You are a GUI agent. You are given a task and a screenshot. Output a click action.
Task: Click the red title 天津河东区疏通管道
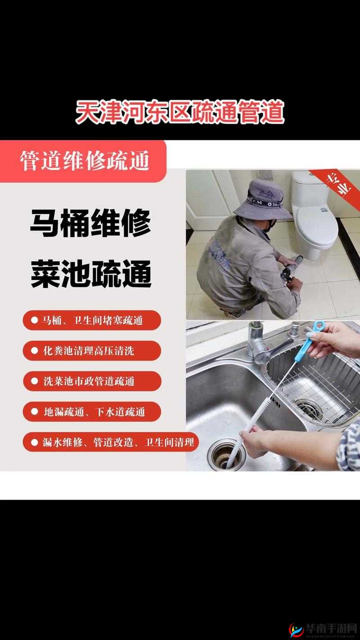point(180,112)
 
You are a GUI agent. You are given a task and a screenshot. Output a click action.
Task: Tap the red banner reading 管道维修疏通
point(84,161)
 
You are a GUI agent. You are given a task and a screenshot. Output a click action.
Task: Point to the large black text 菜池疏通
point(90,274)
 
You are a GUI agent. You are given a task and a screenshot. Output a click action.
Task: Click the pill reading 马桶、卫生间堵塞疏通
point(92,320)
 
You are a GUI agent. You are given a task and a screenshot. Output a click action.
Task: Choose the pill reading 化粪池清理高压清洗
point(92,351)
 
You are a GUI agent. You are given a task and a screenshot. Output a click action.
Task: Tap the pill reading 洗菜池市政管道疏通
point(92,381)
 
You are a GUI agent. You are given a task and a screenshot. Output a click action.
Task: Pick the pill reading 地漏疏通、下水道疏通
point(92,412)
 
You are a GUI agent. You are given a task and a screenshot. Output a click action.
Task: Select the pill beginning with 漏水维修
point(111,442)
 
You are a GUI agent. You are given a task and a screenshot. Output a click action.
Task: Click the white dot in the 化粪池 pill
point(35,351)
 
